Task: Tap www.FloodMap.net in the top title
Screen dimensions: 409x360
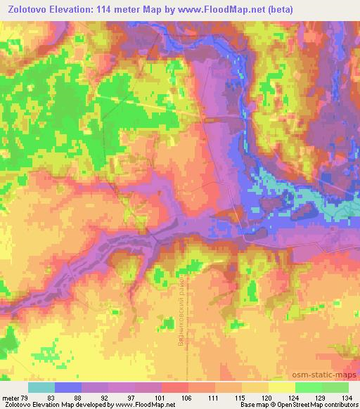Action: (x=208, y=9)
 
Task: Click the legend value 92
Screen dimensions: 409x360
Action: (x=112, y=397)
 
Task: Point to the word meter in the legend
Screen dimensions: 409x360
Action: (x=12, y=397)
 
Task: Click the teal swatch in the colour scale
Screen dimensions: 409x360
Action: (x=41, y=387)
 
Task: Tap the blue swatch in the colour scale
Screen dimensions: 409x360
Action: (x=68, y=387)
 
